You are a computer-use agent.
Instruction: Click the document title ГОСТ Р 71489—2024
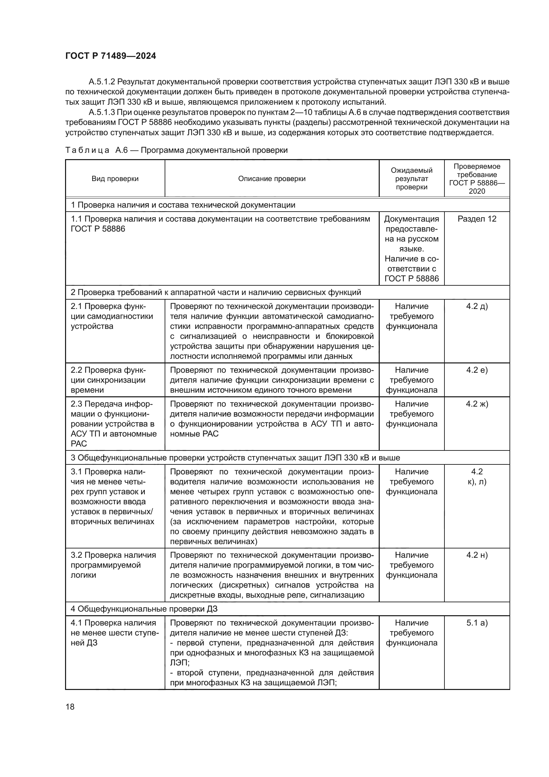111,56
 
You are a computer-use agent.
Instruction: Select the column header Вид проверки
115,179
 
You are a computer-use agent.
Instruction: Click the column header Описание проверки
272,179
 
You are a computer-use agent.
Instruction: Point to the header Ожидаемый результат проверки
411,179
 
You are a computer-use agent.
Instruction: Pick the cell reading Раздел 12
477,219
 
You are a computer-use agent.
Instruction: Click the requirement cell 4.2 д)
477,306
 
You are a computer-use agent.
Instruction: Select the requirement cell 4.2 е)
477,370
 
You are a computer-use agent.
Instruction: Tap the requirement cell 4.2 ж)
477,404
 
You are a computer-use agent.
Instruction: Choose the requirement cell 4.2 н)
477,555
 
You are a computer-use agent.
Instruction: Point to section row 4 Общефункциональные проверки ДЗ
144,609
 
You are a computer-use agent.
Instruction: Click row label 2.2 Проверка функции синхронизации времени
108,380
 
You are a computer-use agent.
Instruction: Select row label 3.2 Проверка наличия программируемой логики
113,565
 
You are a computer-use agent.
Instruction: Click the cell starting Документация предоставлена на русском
411,249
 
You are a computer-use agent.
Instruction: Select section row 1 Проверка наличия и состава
183,205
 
